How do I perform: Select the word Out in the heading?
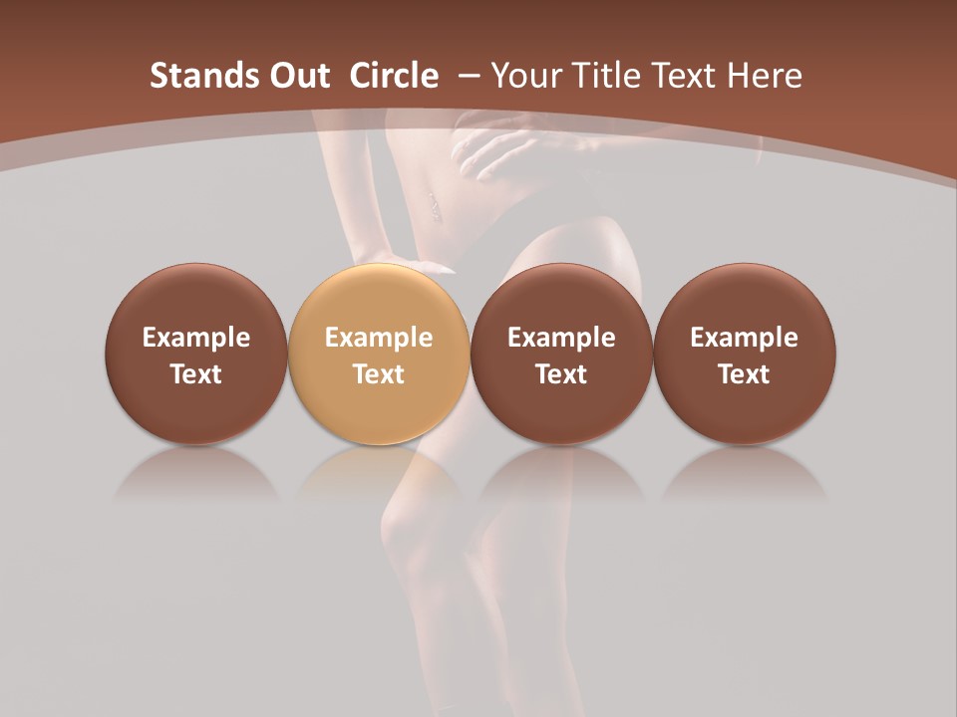click(x=289, y=76)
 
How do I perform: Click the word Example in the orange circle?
click(x=379, y=338)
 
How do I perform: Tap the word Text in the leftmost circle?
click(x=196, y=374)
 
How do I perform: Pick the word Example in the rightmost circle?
click(x=745, y=338)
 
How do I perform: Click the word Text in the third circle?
click(x=561, y=374)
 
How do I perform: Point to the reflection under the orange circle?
click(x=379, y=473)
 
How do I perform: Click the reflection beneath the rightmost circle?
click(x=745, y=473)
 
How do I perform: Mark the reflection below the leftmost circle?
click(x=196, y=473)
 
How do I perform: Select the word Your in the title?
click(x=523, y=76)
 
